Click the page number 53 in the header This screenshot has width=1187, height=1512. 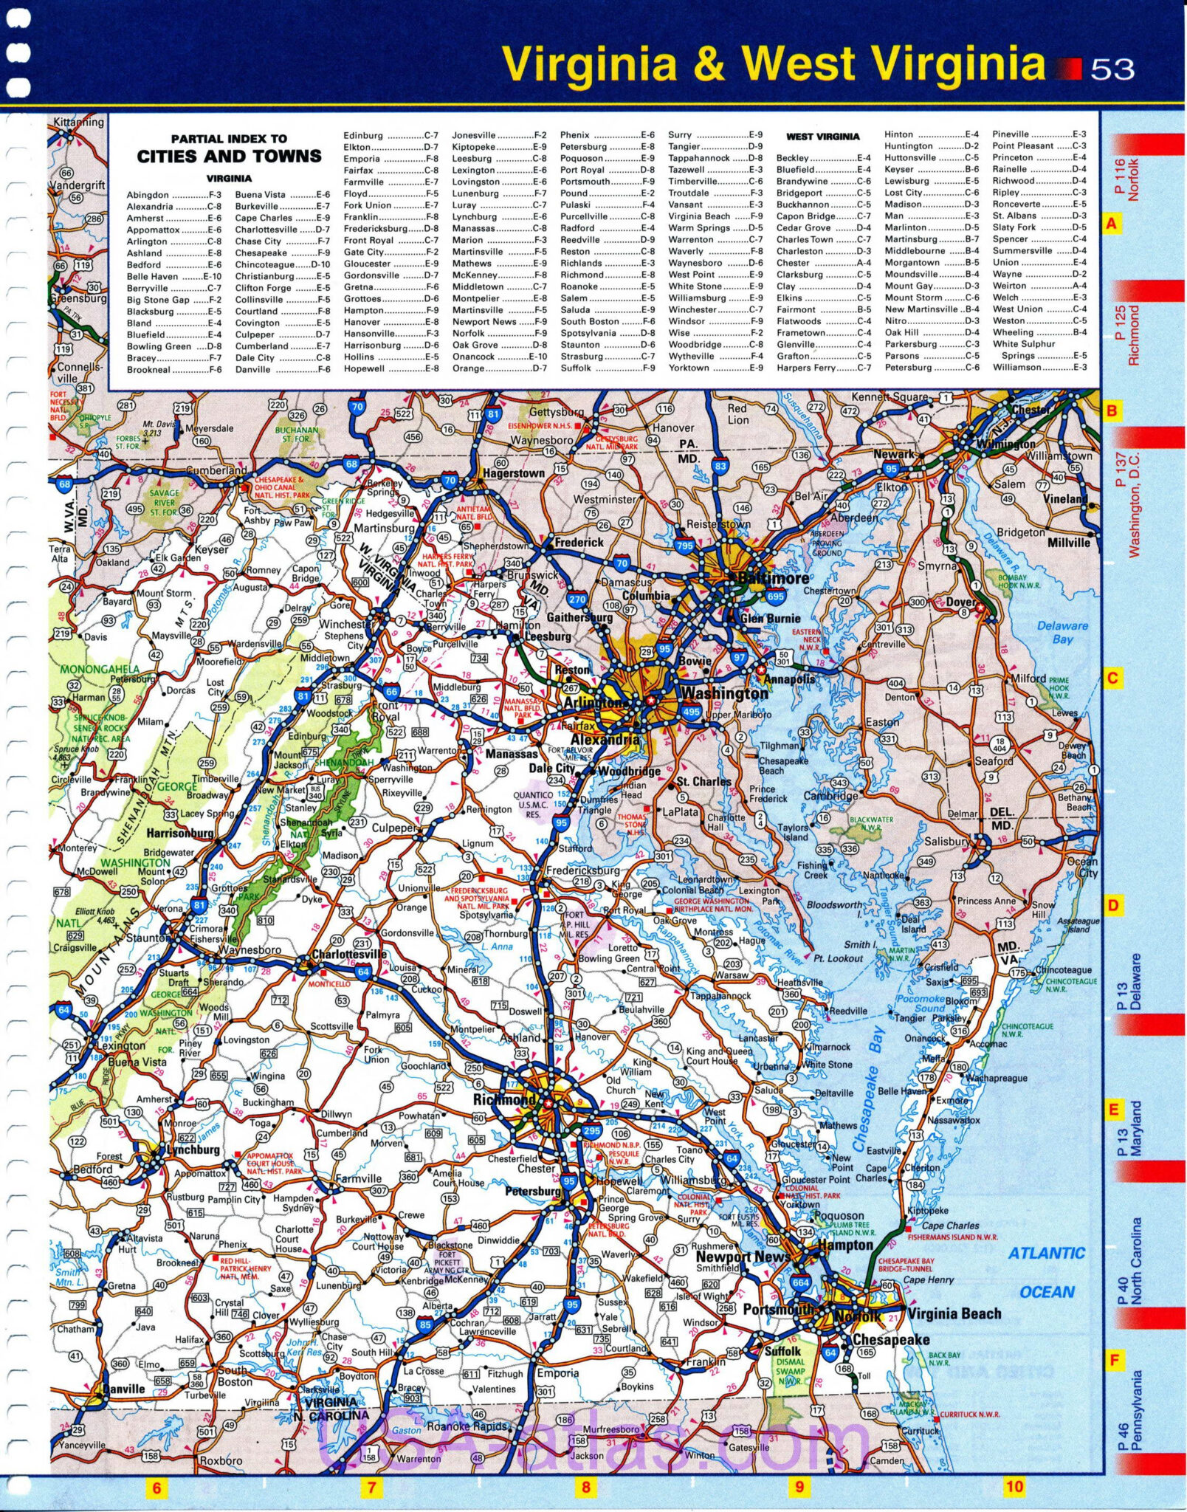pyautogui.click(x=1112, y=69)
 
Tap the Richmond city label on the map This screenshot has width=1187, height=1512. pyautogui.click(x=504, y=1099)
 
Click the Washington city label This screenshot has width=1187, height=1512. pyautogui.click(x=724, y=693)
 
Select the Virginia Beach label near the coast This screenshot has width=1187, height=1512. pyautogui.click(x=954, y=1313)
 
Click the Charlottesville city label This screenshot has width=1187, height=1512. pyautogui.click(x=349, y=954)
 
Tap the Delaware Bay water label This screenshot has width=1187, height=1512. pyautogui.click(x=1062, y=632)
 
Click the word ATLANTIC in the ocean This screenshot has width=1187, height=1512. pyautogui.click(x=1046, y=1253)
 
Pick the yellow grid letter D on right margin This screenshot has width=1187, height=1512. pyautogui.click(x=1112, y=905)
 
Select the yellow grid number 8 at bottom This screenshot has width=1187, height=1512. pyautogui.click(x=585, y=1487)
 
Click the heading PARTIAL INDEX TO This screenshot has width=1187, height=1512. pyautogui.click(x=229, y=139)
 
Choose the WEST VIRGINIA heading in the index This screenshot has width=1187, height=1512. pyautogui.click(x=822, y=137)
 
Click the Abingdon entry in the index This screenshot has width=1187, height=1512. pyautogui.click(x=148, y=195)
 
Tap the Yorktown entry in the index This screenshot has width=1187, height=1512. pyautogui.click(x=689, y=368)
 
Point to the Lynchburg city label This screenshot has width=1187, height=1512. pyautogui.click(x=193, y=1150)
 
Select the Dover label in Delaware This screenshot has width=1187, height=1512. pyautogui.click(x=961, y=602)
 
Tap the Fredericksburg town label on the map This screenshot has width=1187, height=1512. pyautogui.click(x=582, y=870)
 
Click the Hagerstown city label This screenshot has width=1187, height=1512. pyautogui.click(x=514, y=473)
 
